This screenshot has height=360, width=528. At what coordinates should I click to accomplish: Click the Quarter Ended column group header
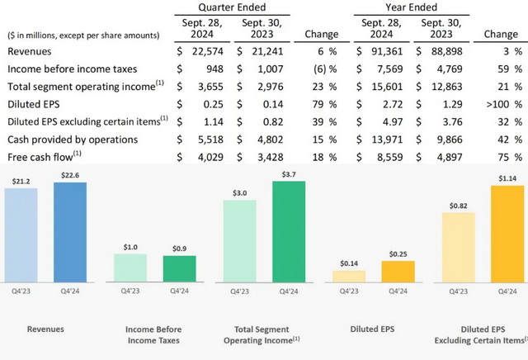tap(232, 7)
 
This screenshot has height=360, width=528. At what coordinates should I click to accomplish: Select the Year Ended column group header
tap(411, 7)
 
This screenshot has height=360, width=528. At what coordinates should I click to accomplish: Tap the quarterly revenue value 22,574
tap(208, 51)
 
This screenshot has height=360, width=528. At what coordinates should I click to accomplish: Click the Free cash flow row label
tap(44, 157)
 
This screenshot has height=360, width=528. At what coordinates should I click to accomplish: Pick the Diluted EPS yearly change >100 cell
tap(504, 104)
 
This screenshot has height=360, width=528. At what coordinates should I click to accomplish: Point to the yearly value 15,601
tap(387, 87)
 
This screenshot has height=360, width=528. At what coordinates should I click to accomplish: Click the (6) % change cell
tap(325, 69)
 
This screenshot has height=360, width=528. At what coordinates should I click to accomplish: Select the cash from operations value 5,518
tap(210, 140)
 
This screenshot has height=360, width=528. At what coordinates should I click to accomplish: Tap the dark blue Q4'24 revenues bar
tap(70, 232)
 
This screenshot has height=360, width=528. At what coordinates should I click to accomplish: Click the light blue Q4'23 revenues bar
tap(21, 235)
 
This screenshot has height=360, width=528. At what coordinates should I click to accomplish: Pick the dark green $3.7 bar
tap(289, 231)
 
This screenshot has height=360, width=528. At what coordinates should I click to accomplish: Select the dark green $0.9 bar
tap(180, 268)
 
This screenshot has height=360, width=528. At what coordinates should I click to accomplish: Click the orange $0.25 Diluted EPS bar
tap(398, 272)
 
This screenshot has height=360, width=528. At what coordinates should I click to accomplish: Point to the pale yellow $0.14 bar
tap(349, 277)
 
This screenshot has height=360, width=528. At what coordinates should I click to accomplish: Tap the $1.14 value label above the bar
tap(507, 178)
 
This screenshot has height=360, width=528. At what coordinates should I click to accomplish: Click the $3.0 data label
tap(240, 193)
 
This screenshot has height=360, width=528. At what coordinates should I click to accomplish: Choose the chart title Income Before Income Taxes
tap(153, 334)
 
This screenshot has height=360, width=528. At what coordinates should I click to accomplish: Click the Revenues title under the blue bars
tap(45, 329)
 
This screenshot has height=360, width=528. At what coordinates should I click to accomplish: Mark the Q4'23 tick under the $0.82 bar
tap(459, 291)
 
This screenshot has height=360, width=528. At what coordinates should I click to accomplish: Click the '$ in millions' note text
tap(83, 36)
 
